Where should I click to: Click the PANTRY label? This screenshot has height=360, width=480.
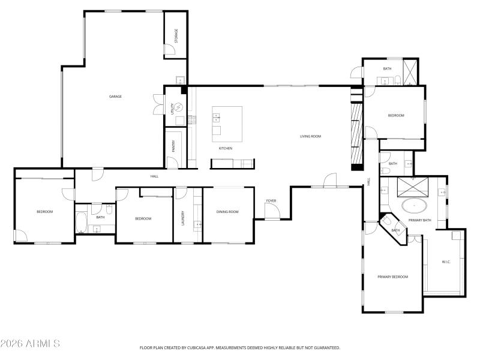point(173,146)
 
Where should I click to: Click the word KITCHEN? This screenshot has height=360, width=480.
point(225,148)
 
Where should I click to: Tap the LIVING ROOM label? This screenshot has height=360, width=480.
point(310,136)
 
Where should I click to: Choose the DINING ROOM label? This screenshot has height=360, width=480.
point(227,211)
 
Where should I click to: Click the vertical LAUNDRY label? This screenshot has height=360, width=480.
point(182,218)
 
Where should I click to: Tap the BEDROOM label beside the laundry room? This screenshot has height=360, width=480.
point(143,218)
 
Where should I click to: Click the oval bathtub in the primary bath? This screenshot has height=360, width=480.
point(414,206)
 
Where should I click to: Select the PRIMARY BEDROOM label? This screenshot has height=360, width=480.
point(392,277)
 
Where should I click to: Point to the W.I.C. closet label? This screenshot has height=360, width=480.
point(446,262)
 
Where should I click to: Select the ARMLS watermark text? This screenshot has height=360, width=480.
point(30,344)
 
